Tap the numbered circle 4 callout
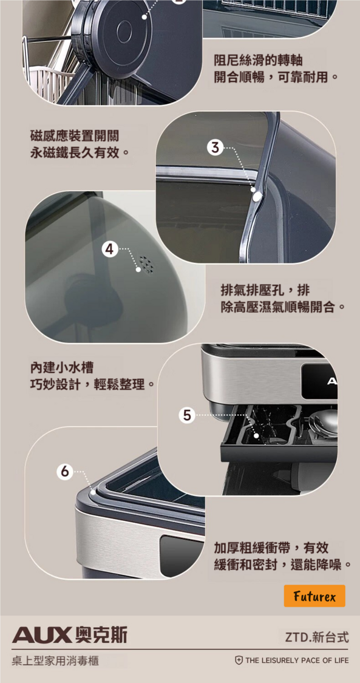pos(110,250)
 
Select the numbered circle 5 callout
pos(186,415)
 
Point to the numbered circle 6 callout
pos(65,471)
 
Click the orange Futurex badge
pos(314,596)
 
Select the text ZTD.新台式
pos(317,638)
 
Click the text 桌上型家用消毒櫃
pos(55,661)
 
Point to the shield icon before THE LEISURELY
pos(239,661)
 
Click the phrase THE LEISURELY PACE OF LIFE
pos(297,661)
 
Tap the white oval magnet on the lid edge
pos(257,197)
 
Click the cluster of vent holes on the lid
pos(147,263)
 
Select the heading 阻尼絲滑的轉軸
pos(258,60)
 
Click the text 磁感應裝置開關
pos(74,136)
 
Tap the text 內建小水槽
pos(61,368)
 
